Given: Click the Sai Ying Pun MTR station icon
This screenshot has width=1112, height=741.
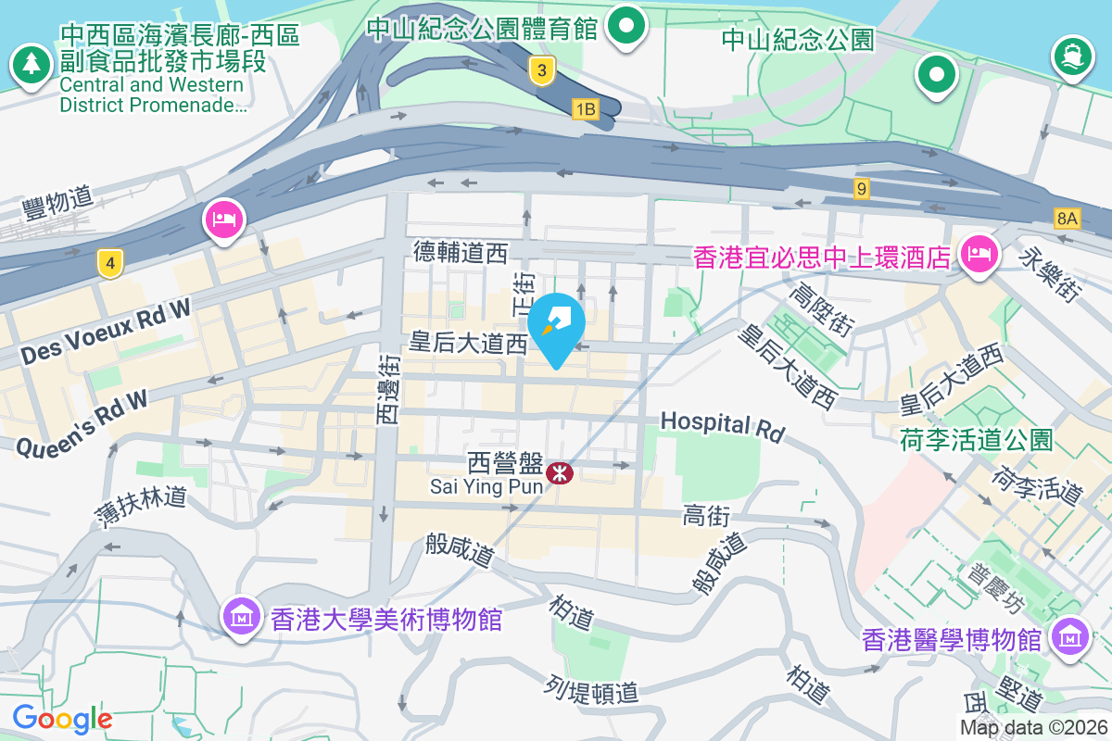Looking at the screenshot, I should [x=560, y=473].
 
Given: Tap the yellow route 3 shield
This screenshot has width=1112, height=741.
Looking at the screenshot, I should [x=542, y=69].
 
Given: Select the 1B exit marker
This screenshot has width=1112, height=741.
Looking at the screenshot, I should [x=585, y=109].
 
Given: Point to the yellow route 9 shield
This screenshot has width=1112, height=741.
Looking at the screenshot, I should [x=862, y=189].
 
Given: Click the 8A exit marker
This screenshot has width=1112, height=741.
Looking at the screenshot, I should [x=1067, y=219].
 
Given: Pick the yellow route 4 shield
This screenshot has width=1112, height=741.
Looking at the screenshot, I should [x=110, y=264].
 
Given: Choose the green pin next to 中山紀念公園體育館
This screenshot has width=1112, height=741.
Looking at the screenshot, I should [x=627, y=26].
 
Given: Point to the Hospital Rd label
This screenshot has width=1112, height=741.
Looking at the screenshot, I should [x=722, y=425].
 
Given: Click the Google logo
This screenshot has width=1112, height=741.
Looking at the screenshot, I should [x=62, y=718].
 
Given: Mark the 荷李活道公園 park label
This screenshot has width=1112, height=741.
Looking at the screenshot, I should [x=976, y=439].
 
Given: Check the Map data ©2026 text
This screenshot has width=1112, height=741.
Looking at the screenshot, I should [x=1033, y=728].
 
